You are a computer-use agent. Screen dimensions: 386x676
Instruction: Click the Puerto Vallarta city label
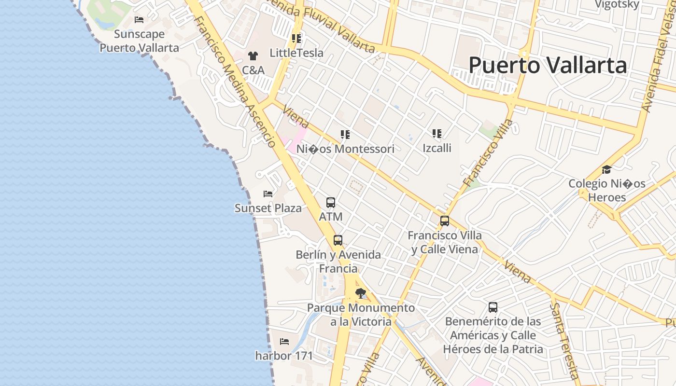coord(548,65)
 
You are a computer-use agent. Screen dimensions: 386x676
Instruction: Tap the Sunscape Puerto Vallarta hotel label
coord(139,41)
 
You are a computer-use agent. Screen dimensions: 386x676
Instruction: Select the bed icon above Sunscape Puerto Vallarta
coord(139,20)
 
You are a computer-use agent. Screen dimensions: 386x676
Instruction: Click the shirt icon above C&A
coord(253,56)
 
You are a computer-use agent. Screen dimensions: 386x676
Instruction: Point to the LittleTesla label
coord(296,53)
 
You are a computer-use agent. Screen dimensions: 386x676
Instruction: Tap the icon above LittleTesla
coord(296,38)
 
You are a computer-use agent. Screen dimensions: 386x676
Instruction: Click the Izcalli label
coord(437,148)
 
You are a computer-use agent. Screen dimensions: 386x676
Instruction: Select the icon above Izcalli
coord(437,133)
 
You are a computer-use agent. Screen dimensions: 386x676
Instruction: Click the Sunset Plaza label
coord(268,208)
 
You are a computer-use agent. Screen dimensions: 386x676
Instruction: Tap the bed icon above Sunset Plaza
coord(268,194)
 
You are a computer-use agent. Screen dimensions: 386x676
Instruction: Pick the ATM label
coord(331,217)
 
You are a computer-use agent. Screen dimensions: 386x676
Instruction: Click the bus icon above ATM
coord(331,203)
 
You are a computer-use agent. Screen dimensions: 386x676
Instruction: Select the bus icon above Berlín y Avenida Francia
coord(338,240)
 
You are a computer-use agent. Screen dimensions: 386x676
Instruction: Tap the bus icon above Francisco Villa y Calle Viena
coord(445,221)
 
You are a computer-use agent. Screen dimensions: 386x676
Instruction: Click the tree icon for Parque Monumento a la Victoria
coord(361,293)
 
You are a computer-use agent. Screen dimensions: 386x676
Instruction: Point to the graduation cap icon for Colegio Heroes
coord(606,169)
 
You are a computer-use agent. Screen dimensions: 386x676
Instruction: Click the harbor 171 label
coord(284,356)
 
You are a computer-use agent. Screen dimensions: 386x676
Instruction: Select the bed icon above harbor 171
coord(284,342)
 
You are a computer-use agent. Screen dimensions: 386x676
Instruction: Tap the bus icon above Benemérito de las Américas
coord(493,307)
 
